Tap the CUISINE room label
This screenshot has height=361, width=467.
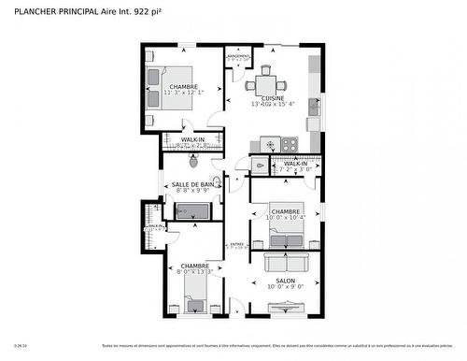(273, 97)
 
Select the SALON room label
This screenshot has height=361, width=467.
(285, 282)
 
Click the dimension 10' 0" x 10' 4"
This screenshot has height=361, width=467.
(285, 218)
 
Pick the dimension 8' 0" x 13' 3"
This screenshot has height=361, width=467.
(194, 272)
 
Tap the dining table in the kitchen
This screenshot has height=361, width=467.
(264, 83)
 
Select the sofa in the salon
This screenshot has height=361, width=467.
(285, 261)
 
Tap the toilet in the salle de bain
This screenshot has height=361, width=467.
(218, 182)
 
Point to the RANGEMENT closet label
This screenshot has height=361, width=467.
(238, 57)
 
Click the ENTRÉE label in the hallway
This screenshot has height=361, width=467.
(237, 246)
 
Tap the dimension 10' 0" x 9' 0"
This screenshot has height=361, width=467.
(285, 288)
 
